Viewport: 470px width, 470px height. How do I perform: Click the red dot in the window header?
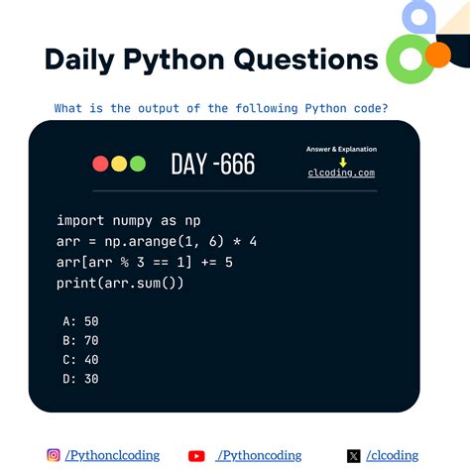point(100,164)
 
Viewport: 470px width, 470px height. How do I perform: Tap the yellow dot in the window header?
point(119,164)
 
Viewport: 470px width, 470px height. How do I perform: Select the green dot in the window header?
point(138,164)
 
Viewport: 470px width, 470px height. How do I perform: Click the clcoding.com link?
point(341,173)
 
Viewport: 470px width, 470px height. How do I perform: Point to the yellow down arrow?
point(342,161)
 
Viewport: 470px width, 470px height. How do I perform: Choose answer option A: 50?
point(79,321)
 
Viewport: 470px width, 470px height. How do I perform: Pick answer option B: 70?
point(79,340)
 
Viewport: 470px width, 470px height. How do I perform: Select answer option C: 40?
point(79,359)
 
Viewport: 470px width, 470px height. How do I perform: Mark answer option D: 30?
point(79,378)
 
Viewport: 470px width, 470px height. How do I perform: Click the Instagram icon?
point(54,455)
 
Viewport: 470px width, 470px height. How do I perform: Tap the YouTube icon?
point(196,456)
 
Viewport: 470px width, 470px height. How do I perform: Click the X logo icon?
point(354,456)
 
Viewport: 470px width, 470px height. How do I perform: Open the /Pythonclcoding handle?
point(111,455)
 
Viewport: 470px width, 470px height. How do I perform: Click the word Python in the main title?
point(175,59)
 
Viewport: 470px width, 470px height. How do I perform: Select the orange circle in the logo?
point(436,55)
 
